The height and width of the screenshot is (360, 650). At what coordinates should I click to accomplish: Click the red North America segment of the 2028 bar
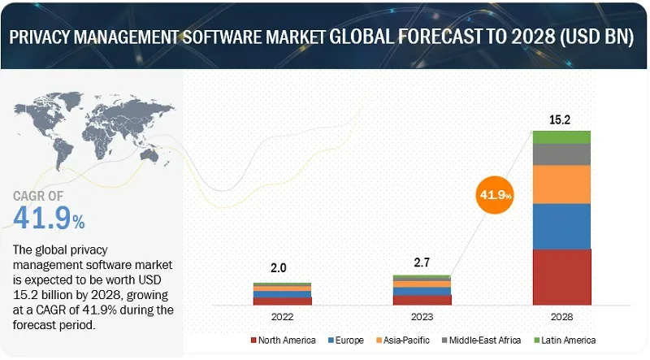(561, 276)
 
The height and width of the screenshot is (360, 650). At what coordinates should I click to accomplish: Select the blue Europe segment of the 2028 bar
(561, 226)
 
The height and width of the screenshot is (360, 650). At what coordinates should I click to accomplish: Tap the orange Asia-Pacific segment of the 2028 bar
(561, 184)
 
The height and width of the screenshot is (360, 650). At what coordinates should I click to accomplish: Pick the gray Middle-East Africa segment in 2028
(561, 154)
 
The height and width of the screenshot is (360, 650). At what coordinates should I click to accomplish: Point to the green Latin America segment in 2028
(561, 137)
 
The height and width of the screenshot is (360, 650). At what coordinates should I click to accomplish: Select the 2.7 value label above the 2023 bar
(422, 263)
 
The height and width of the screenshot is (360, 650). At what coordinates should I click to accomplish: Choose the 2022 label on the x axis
(282, 315)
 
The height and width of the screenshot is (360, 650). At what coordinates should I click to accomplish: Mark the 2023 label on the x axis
(422, 315)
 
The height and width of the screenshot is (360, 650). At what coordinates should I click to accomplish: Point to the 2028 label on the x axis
(561, 315)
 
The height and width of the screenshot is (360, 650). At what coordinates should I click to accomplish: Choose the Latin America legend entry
(564, 340)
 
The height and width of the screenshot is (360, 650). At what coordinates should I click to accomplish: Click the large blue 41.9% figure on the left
(49, 217)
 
